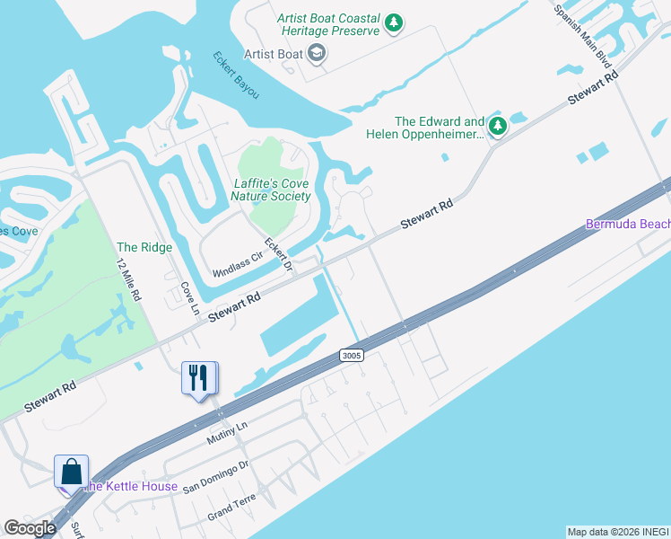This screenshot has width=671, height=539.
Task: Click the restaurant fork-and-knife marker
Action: [198, 377]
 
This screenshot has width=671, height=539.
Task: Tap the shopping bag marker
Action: [72, 471]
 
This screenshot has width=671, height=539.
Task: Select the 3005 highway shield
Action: [352, 356]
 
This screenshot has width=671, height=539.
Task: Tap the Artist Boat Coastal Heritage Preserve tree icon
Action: [393, 23]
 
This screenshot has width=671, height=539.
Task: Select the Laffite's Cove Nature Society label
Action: [271, 190]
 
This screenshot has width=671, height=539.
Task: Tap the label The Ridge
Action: [139, 247]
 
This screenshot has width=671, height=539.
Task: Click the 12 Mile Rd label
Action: [129, 279]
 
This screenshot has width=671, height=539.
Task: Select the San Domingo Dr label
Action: [215, 476]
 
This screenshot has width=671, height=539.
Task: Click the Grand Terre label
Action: [231, 508]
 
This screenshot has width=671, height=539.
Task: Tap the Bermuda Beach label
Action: [627, 224]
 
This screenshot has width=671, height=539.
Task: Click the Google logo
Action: [30, 528]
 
